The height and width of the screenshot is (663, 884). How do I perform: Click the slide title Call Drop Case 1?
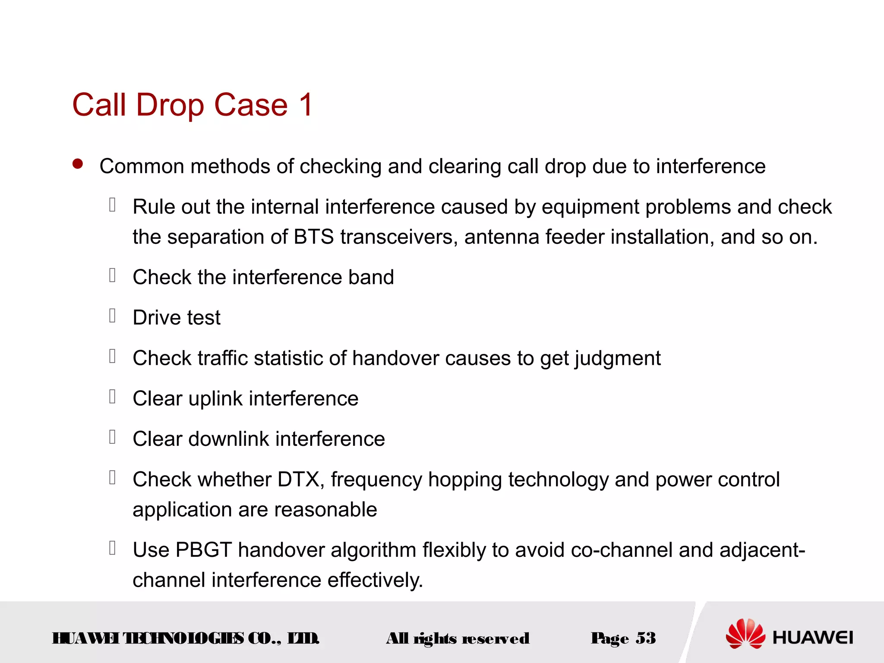coord(193,105)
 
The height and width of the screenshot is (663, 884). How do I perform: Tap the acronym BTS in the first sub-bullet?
coord(313,237)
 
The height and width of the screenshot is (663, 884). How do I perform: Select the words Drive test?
coord(177,318)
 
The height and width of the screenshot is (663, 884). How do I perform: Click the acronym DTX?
coord(298,480)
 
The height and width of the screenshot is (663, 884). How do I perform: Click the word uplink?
coord(215,399)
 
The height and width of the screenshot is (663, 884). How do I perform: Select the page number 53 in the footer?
coord(645,638)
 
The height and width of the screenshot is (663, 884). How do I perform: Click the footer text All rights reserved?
coord(458,638)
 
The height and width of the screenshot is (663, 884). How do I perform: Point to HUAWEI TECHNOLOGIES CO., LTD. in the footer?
coord(185,638)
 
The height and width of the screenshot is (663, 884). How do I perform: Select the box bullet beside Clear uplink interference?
coord(112,396)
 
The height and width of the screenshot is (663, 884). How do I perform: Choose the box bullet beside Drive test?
coord(112,316)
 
